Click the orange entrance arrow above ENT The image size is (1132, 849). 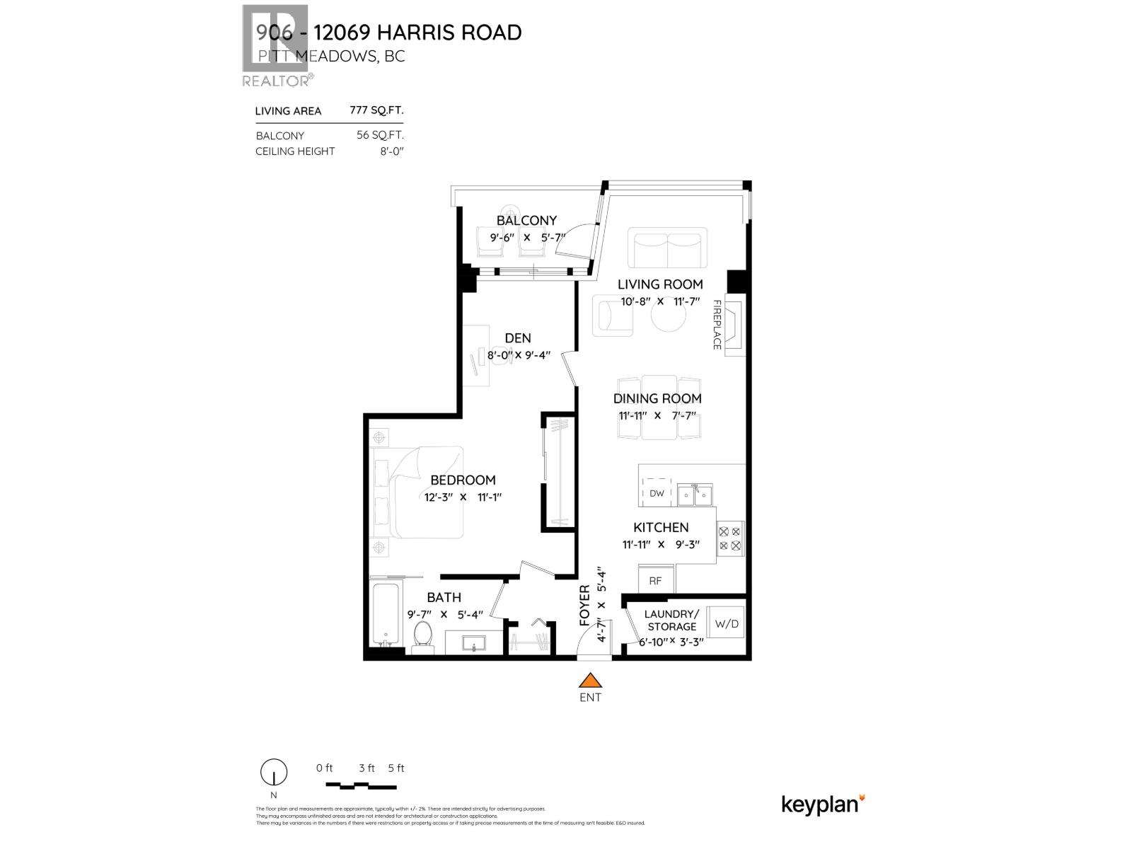point(590,681)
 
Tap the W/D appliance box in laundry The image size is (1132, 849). point(726,623)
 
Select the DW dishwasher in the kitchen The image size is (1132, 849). point(657,493)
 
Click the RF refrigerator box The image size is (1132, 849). point(656,580)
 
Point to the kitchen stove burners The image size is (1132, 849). point(730,538)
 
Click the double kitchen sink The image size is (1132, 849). point(695,495)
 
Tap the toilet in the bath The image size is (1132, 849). point(422,635)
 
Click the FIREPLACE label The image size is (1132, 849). point(717,325)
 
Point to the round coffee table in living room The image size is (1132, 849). point(669,318)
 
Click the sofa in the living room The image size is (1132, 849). point(667,248)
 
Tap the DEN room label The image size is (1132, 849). point(518,338)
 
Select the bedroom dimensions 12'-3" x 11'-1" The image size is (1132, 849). point(463,497)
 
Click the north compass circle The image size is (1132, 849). point(274,773)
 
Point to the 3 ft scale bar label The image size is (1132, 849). point(366,768)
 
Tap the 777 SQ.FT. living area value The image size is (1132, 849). point(376,110)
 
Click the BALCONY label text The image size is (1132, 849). point(526,221)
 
